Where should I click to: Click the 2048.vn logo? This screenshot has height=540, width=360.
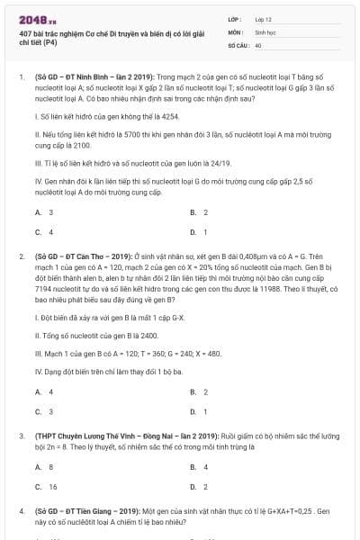coord(33,17)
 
